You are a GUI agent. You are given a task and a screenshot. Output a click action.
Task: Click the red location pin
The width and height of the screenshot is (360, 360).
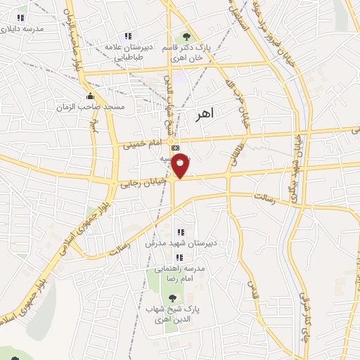[180, 165]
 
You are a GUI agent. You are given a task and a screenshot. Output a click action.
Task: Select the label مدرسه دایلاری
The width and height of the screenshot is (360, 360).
[24, 30]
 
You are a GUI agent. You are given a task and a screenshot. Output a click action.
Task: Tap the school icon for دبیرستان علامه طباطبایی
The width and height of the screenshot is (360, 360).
[127, 36]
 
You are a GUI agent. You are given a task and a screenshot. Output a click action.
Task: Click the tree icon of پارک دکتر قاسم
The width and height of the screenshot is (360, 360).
[186, 36]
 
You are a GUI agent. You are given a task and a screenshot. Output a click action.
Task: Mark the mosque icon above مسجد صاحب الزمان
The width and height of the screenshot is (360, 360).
[89, 96]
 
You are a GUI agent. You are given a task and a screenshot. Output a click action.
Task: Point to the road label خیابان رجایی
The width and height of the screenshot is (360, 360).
[146, 181]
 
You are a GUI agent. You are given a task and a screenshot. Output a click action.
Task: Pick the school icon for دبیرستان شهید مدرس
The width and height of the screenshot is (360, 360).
[181, 231]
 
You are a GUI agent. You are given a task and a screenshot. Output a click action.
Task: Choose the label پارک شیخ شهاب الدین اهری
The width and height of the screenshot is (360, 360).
[173, 315]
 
